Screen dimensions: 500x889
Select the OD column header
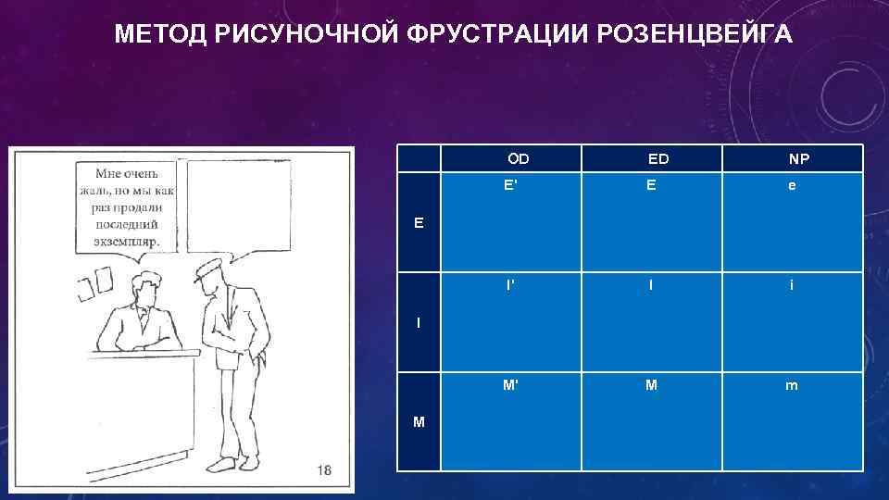click(x=519, y=158)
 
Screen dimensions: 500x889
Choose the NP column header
click(x=798, y=158)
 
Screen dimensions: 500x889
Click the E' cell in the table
click(x=510, y=184)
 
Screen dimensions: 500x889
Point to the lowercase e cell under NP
click(x=791, y=185)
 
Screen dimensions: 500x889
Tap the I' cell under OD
click(x=510, y=285)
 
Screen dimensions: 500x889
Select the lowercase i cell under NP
click(x=791, y=285)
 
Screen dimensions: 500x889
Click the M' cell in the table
click(x=510, y=385)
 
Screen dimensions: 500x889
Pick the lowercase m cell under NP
click(x=791, y=385)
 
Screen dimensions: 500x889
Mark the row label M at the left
click(x=419, y=422)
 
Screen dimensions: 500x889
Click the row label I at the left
click(x=419, y=322)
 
